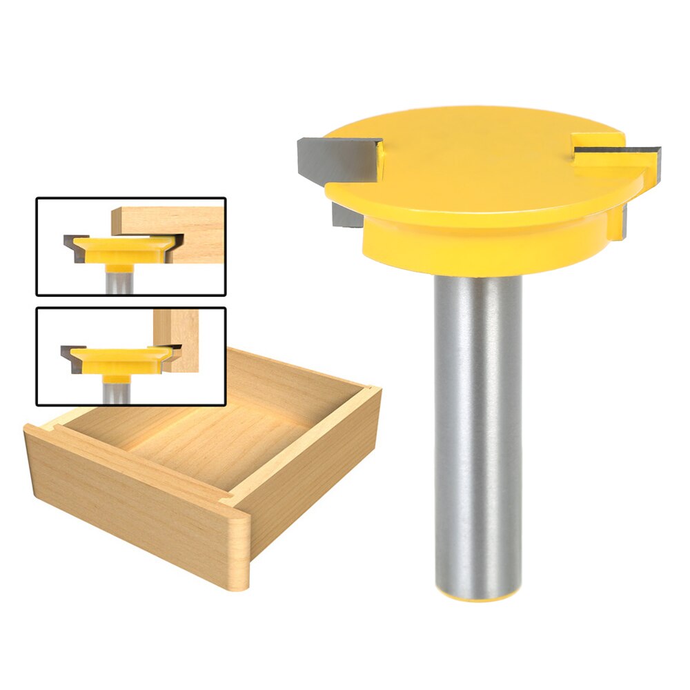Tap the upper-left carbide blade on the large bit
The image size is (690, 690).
pos(338,157)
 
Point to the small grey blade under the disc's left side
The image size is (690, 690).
pos(343,215)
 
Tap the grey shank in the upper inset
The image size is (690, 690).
pos(117,279)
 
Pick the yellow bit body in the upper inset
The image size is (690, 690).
pos(121,248)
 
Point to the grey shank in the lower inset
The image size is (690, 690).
pos(116,392)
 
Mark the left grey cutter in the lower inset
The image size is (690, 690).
pos(72,354)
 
